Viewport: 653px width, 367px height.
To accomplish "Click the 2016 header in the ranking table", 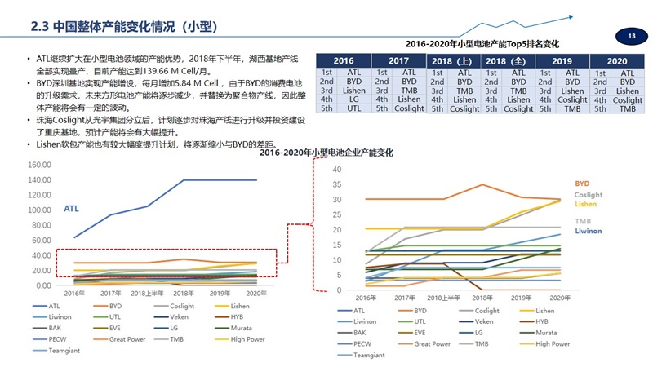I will click(344, 61).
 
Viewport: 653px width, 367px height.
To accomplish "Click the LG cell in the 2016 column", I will click(354, 99).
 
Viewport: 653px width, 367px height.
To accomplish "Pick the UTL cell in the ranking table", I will click(354, 108).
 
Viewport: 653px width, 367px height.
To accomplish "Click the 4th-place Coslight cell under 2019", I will click(572, 99).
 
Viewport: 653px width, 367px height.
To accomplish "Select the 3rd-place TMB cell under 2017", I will click(409, 91).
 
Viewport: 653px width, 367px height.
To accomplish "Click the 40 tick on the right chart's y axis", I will click(336, 169).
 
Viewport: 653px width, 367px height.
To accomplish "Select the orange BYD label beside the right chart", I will click(582, 184).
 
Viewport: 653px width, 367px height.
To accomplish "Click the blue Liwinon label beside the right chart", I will click(589, 232).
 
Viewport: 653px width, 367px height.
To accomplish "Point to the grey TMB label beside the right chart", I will click(583, 222).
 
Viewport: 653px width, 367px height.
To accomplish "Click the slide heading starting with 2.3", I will click(123, 26).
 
